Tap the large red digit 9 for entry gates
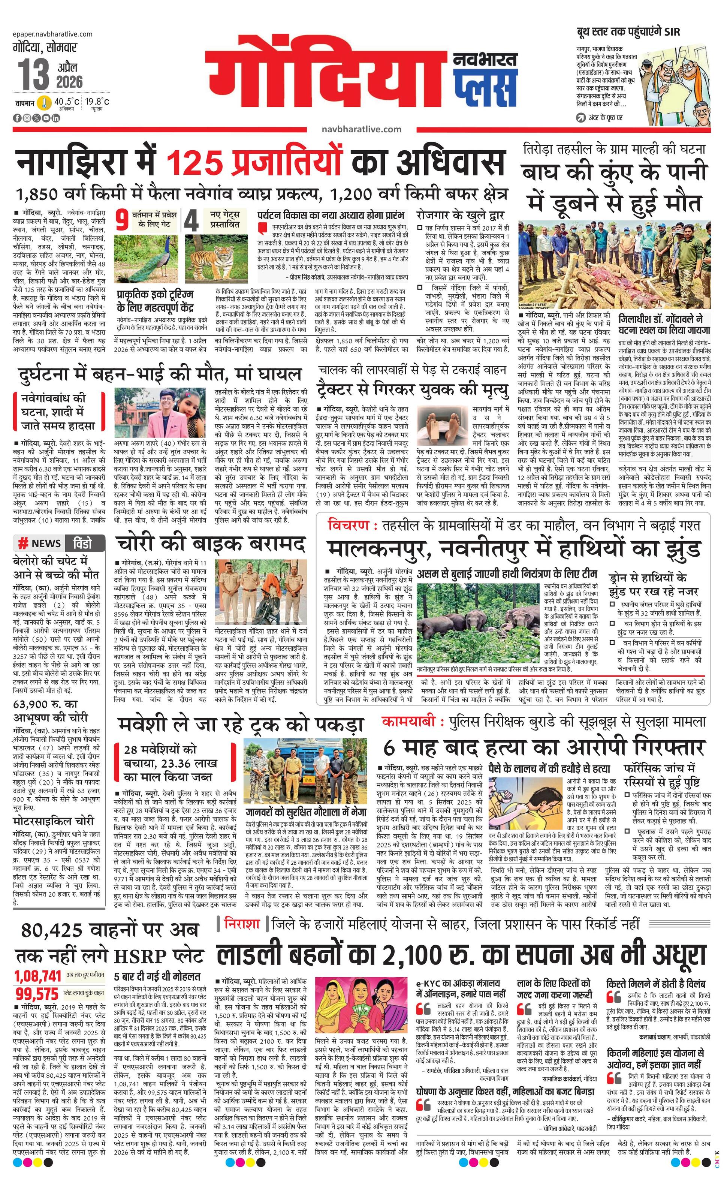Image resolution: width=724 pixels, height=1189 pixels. click(123, 220)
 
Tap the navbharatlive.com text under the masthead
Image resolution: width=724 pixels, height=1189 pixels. click(361, 129)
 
